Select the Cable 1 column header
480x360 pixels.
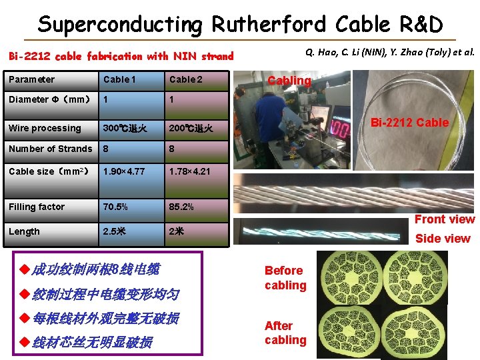pos(119,79)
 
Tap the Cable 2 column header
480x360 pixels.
pos(186,79)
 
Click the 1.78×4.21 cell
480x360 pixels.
pos(190,171)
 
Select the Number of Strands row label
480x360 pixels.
pos(51,149)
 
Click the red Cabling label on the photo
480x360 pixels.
pos(289,81)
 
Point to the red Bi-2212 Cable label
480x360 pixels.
pos(409,123)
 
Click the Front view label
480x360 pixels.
pos(445,219)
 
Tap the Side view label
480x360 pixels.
pos(443,239)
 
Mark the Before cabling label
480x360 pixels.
pos(285,278)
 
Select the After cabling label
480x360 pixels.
pos(285,333)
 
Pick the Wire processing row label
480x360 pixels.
pos(45,128)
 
